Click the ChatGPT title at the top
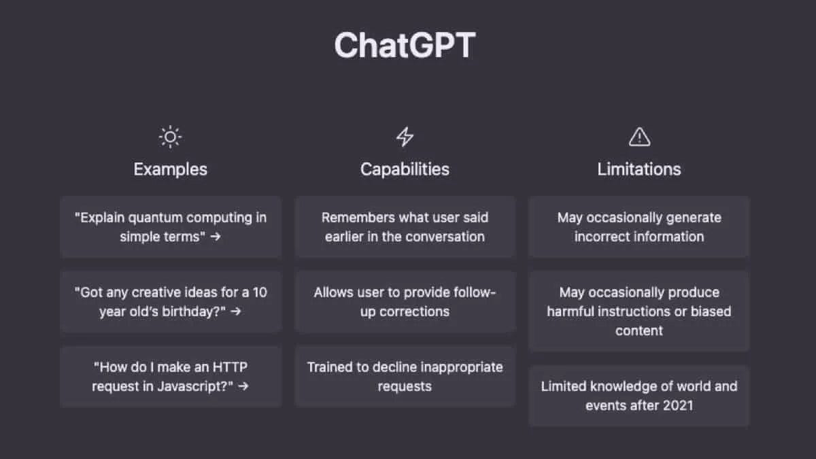tap(405, 46)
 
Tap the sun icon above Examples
tap(170, 137)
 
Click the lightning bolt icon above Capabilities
tap(405, 137)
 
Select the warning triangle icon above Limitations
tap(639, 137)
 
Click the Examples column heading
tap(170, 169)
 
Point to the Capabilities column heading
tap(405, 169)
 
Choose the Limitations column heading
tap(639, 169)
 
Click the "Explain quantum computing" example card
tap(170, 227)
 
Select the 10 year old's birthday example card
tap(170, 302)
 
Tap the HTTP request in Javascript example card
tap(170, 377)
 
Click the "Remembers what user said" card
tap(405, 227)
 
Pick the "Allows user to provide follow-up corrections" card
tap(405, 302)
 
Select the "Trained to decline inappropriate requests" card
tap(405, 377)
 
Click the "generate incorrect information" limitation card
tap(639, 227)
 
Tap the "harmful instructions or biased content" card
tap(639, 311)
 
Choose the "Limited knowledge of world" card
tap(639, 396)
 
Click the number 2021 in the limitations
tap(677, 405)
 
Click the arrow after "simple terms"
tap(216, 237)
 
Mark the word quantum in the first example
tap(156, 218)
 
